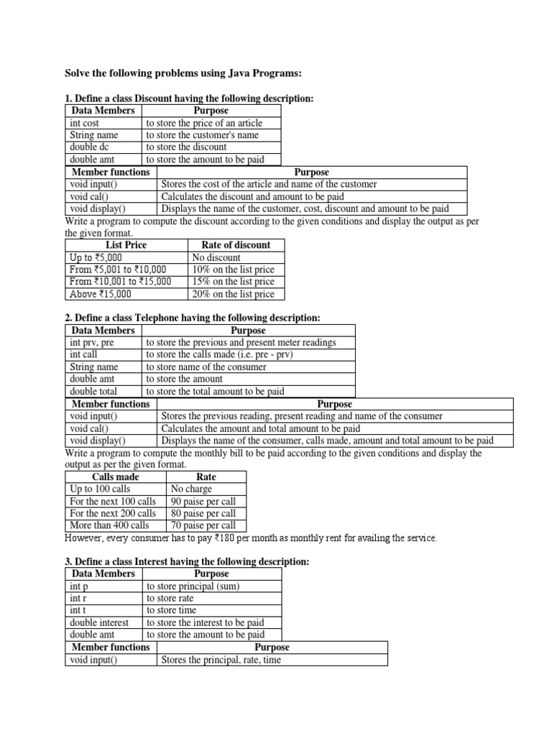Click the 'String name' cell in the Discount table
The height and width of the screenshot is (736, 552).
(94, 135)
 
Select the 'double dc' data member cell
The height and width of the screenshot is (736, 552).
(90, 147)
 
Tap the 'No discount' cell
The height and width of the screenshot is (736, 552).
(216, 257)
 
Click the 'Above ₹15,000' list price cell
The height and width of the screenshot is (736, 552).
(101, 294)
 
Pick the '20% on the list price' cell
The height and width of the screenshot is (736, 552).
(233, 294)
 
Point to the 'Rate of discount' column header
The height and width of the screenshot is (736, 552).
(236, 245)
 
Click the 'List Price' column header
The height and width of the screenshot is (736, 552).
(126, 245)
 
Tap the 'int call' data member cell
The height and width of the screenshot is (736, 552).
(83, 355)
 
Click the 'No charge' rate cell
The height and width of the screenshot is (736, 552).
(191, 489)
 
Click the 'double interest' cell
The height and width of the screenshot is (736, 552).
(100, 622)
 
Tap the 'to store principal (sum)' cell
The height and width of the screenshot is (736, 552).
(193, 586)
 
